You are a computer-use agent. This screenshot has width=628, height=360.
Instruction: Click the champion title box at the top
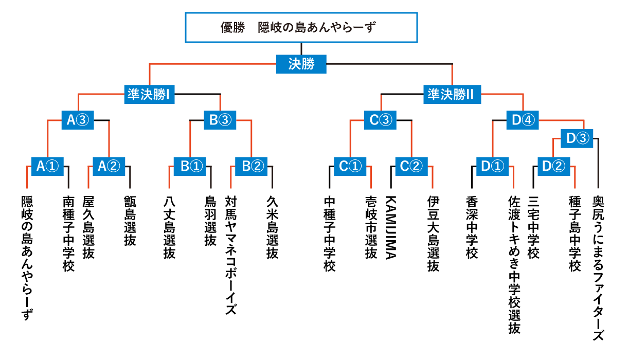301,27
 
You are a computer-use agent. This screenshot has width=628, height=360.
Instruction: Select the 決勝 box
301,64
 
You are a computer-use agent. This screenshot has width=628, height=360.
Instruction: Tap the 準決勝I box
149,95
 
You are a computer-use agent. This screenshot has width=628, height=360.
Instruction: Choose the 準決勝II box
452,95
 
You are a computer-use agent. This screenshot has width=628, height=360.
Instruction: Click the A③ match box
78,120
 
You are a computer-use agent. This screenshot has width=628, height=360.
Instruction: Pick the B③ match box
220,120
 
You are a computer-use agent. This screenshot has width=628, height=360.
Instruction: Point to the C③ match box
380,120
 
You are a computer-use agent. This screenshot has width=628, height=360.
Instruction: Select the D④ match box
523,120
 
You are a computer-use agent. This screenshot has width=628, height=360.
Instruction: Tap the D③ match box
577,139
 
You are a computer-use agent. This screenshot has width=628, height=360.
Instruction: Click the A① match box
47,167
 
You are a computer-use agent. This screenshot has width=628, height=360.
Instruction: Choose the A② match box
109,167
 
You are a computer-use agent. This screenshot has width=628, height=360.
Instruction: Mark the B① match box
190,167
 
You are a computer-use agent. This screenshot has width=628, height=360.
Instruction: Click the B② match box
252,167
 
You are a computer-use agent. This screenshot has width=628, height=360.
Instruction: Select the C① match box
350,167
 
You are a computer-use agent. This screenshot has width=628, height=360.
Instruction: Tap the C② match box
411,167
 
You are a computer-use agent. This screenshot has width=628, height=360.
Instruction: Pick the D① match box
492,167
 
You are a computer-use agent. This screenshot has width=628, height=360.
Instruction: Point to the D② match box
554,167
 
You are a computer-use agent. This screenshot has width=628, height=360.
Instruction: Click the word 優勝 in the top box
232,27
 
